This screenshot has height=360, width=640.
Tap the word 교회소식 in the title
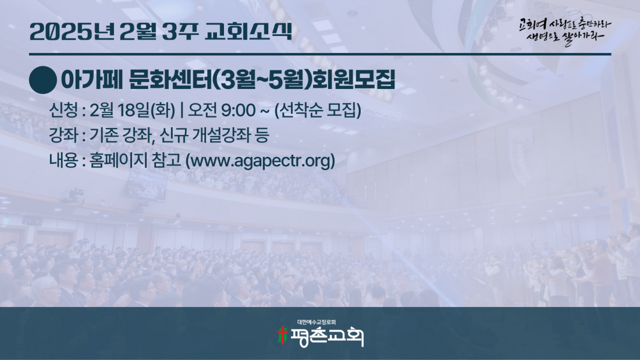(248, 31)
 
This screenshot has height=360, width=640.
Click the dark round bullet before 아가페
(43, 80)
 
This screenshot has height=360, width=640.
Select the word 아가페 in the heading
(92, 80)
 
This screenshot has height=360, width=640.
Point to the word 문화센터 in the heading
(170, 80)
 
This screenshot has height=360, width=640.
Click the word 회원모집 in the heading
(354, 80)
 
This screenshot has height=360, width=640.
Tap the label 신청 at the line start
(63, 110)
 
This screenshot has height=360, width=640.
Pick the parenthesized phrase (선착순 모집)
(318, 110)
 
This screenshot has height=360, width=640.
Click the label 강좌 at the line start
(63, 135)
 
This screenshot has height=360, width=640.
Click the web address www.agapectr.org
(261, 161)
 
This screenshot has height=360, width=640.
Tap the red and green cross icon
(282, 336)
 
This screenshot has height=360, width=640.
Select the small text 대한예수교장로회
(317, 322)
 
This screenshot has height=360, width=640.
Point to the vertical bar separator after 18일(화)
(182, 110)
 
